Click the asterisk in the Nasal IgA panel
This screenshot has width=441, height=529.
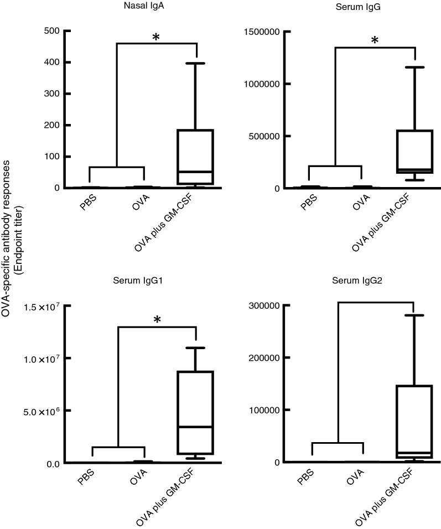click(x=156, y=38)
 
